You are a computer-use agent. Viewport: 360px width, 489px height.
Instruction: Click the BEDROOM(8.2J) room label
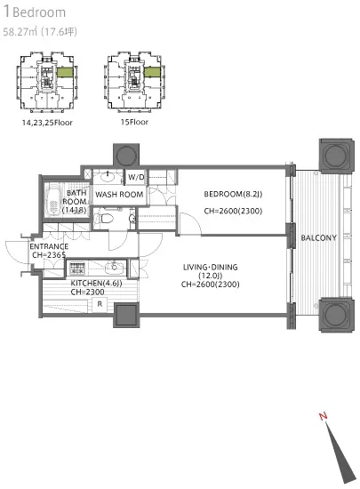tap(233, 194)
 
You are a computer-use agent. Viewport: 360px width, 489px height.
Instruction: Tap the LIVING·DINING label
tap(210, 267)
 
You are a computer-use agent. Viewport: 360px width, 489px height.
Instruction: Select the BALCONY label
tap(318, 238)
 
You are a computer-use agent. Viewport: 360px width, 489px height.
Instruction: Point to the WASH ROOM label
tap(119, 195)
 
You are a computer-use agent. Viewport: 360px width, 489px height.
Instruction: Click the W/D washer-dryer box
tap(136, 177)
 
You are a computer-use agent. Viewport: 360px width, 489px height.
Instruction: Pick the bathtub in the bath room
tap(54, 199)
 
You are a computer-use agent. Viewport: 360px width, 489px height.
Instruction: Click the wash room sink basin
tap(108, 178)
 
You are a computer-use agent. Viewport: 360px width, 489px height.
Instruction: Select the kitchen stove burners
tap(76, 269)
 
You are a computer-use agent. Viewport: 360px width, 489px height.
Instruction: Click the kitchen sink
tap(115, 268)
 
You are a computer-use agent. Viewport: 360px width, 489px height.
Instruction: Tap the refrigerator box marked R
tap(100, 304)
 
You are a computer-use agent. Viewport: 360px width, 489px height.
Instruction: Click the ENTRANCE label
tap(49, 246)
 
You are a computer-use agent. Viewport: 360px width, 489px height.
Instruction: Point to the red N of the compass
tap(324, 416)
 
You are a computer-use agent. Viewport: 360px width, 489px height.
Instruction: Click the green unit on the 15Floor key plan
tap(152, 72)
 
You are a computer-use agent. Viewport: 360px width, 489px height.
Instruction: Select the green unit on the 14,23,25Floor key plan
tap(65, 72)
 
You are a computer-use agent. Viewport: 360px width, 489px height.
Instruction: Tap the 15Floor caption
tap(134, 122)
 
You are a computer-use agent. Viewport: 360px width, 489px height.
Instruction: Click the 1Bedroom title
tap(35, 12)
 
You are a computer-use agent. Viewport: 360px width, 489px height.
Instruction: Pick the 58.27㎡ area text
tap(20, 32)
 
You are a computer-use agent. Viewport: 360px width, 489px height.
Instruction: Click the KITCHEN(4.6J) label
tap(96, 283)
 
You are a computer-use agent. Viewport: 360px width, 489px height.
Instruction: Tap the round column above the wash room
tap(126, 155)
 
